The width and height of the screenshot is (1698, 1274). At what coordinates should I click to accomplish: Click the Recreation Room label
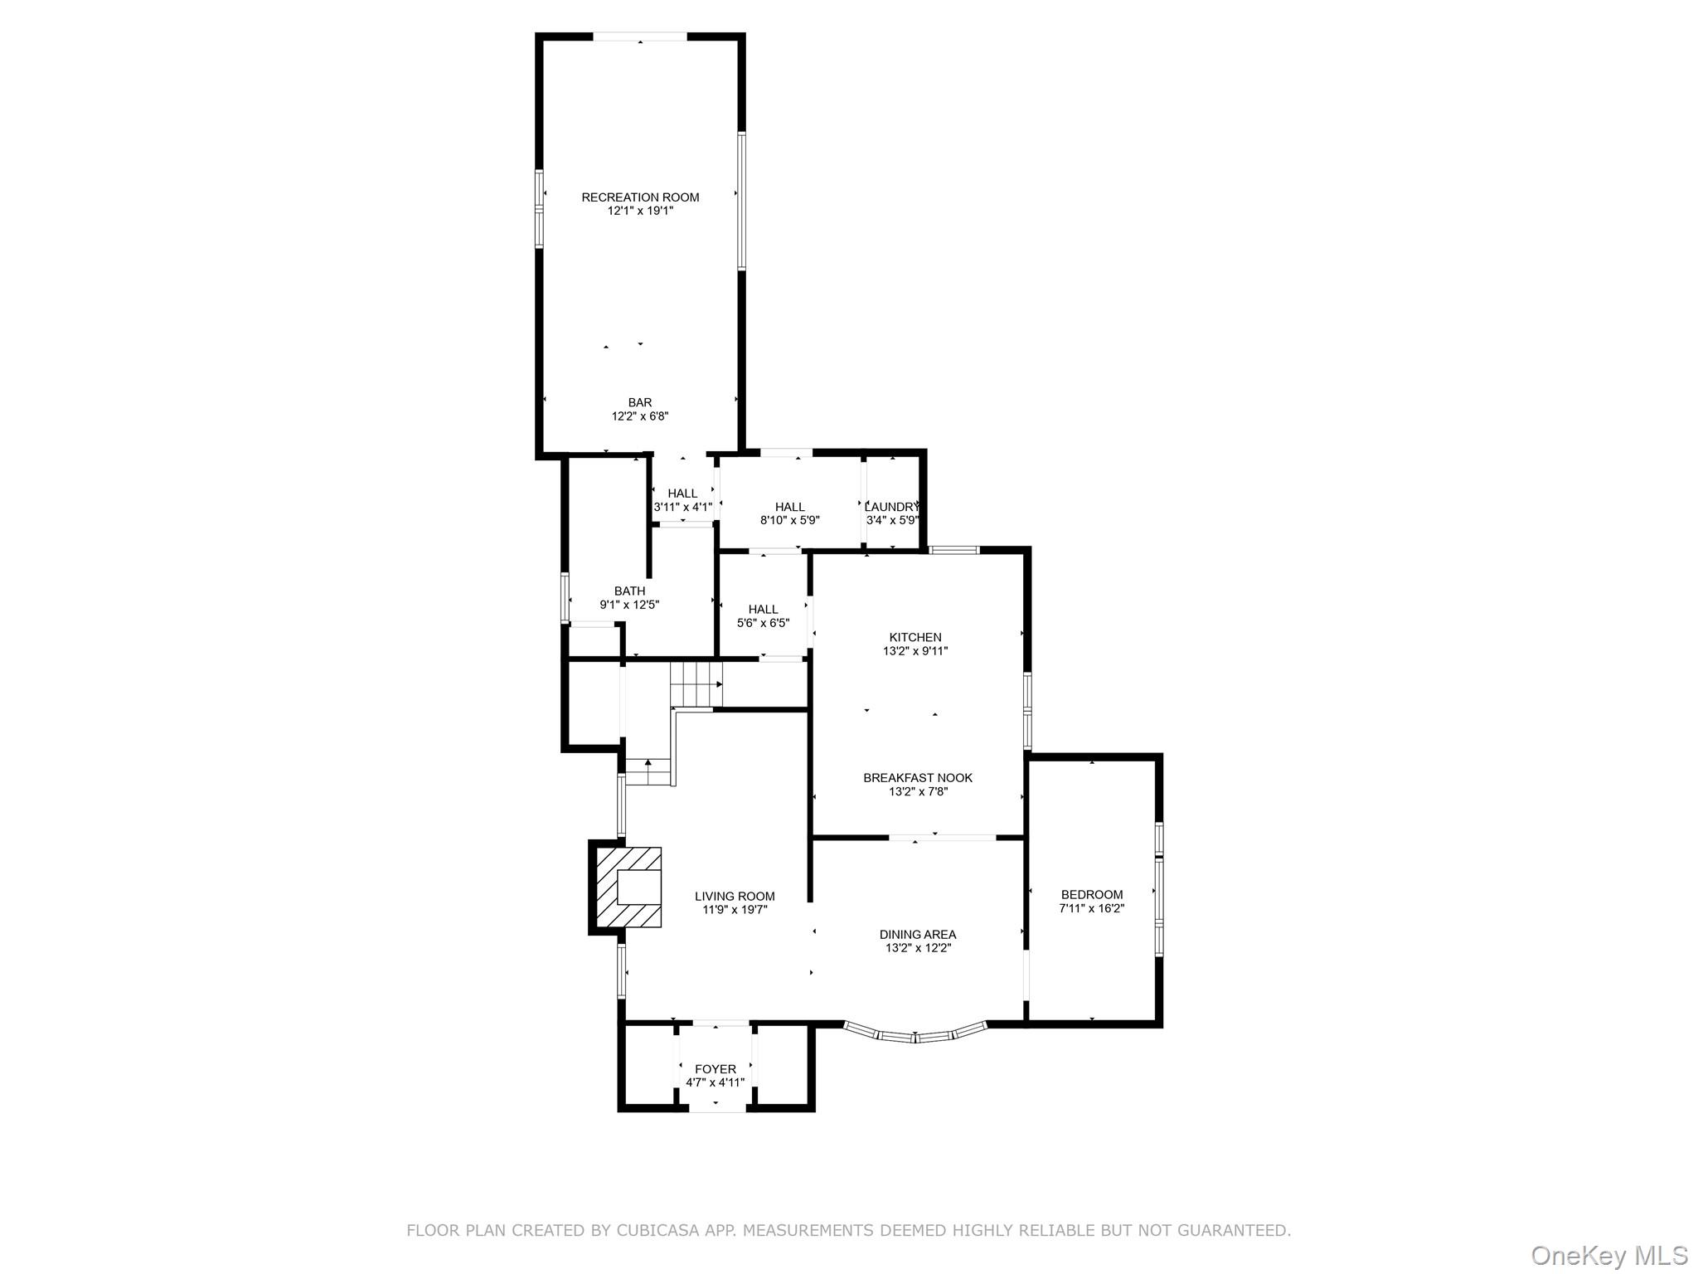pyautogui.click(x=640, y=197)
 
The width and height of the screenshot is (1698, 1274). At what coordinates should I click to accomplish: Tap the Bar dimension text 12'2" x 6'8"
pyautogui.click(x=640, y=416)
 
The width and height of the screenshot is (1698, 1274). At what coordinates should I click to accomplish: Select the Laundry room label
pyautogui.click(x=892, y=507)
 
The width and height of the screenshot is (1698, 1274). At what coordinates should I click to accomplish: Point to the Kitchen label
pyautogui.click(x=915, y=637)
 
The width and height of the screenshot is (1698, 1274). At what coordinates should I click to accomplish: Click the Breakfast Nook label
pyautogui.click(x=918, y=778)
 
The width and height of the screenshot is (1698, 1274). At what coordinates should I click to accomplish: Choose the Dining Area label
pyautogui.click(x=918, y=935)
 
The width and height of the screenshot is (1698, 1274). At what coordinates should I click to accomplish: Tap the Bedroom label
pyautogui.click(x=1092, y=895)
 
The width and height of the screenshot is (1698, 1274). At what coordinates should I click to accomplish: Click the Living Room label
pyautogui.click(x=735, y=897)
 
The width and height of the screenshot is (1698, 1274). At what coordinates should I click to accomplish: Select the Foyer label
pyautogui.click(x=716, y=1069)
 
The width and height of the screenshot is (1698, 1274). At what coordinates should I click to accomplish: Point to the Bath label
pyautogui.click(x=629, y=591)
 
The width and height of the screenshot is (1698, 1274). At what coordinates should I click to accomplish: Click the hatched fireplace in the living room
pyautogui.click(x=628, y=887)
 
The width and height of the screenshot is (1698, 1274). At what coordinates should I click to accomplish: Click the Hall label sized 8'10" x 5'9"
pyautogui.click(x=790, y=507)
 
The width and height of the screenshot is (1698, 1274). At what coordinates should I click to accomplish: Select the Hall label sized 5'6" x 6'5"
pyautogui.click(x=764, y=610)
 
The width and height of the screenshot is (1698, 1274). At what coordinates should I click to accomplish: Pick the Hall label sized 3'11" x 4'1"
pyautogui.click(x=682, y=494)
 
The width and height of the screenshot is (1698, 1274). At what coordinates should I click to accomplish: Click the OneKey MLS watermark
pyautogui.click(x=1609, y=1255)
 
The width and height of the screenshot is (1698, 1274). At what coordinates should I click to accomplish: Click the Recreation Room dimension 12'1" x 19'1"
pyautogui.click(x=640, y=211)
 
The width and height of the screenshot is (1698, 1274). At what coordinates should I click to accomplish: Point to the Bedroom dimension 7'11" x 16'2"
pyautogui.click(x=1092, y=908)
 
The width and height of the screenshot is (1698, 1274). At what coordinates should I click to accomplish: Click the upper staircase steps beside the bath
pyautogui.click(x=695, y=684)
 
